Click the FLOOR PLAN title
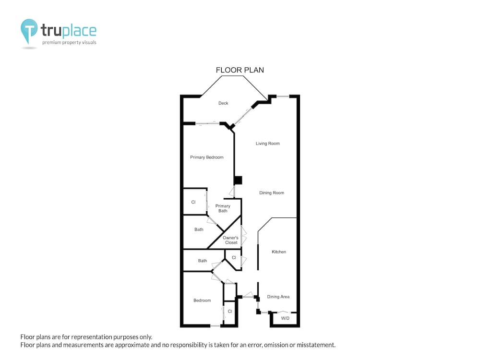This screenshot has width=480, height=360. pos(240,70)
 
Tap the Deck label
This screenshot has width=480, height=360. pos(223,103)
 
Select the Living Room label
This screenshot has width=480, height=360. pos(267,143)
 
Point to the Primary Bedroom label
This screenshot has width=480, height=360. pos(206,157)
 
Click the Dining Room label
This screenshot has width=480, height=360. pos(272,193)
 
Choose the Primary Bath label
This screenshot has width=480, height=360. pos(223,208)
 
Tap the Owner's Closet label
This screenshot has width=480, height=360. pos(230,240)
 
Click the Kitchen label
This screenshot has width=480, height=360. pos(279,252)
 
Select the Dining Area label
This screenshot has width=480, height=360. pos(278,297)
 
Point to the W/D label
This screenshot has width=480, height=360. pos(285,318)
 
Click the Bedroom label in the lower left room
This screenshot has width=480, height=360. pos(202,300)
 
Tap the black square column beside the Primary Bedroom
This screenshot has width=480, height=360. pos(238,180)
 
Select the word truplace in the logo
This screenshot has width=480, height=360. pos(69,30)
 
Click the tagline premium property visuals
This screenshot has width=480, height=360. pos(69,43)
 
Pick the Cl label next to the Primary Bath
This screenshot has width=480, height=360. pos(193,202)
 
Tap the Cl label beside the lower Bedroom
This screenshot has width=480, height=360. pos(230,312)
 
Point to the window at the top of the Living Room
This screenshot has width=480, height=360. pos(283,96)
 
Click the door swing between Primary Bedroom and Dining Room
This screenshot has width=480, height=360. pos(232,192)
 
